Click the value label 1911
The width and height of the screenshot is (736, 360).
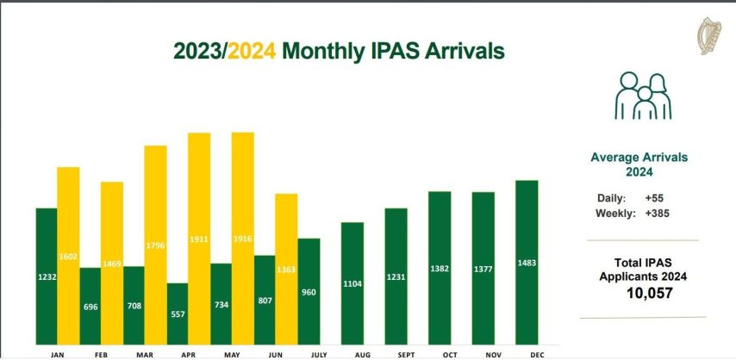[x=199, y=239]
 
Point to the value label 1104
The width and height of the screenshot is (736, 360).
[x=352, y=282]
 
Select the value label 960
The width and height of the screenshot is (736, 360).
[x=309, y=292]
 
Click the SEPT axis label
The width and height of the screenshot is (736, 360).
[x=396, y=353]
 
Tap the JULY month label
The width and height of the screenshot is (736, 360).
[x=308, y=353]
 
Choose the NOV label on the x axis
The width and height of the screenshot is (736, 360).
[x=483, y=353]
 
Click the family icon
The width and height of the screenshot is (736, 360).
[x=642, y=96]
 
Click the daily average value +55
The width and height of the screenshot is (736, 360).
[x=653, y=197]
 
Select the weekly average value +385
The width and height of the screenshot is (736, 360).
[x=657, y=213]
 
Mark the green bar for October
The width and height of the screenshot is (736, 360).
[x=440, y=267]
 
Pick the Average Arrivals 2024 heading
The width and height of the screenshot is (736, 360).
[x=639, y=164]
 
